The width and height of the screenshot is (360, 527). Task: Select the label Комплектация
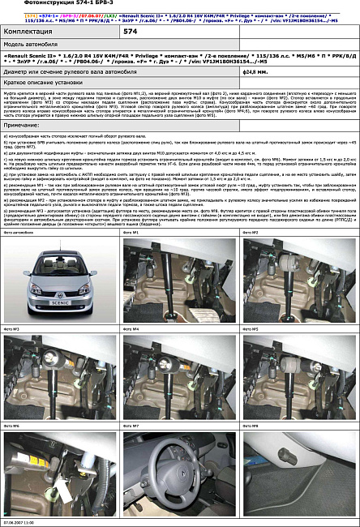click(32, 31)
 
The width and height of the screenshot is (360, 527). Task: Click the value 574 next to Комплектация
click(130, 31)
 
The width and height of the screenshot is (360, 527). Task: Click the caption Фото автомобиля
click(19, 233)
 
